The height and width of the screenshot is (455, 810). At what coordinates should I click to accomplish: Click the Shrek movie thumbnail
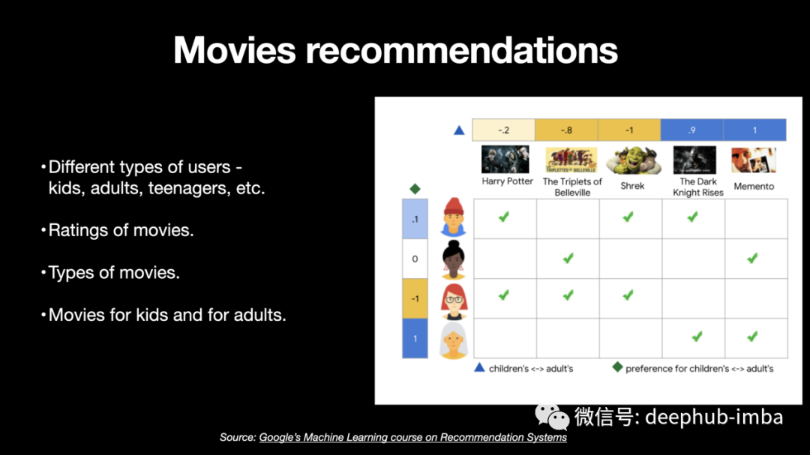point(633,160)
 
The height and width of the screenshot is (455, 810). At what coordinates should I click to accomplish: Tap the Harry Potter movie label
point(507,181)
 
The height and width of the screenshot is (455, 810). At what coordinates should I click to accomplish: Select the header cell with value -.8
point(566,130)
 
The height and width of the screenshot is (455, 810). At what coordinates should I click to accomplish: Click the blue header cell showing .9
point(691,130)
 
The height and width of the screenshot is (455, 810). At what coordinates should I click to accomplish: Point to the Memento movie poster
point(754,160)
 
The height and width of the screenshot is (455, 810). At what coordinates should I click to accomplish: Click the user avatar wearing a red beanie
point(454,217)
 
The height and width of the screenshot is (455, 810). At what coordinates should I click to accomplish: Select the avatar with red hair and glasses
point(454,301)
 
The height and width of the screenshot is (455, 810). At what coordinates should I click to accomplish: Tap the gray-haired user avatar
point(454,340)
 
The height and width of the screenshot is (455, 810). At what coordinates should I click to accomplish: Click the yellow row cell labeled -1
point(415,298)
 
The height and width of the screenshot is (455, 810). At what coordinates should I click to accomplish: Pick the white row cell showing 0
point(415,259)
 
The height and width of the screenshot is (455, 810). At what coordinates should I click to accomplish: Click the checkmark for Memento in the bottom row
point(753,337)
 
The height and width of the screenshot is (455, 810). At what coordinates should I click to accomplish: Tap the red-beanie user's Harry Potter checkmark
point(504,217)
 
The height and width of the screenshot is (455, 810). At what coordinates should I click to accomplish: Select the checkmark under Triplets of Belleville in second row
point(568,258)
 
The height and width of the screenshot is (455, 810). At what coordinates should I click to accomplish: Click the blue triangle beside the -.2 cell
point(459,130)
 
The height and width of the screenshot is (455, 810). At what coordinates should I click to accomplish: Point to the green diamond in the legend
point(617,367)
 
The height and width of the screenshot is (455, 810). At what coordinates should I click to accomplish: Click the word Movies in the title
point(235,51)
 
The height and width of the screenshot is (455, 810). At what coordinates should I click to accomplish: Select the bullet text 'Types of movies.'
point(114,272)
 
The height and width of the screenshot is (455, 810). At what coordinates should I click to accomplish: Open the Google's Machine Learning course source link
point(412,438)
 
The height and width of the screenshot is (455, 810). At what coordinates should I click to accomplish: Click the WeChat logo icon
point(552,417)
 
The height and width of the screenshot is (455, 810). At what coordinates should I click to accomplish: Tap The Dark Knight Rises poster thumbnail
point(694,160)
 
